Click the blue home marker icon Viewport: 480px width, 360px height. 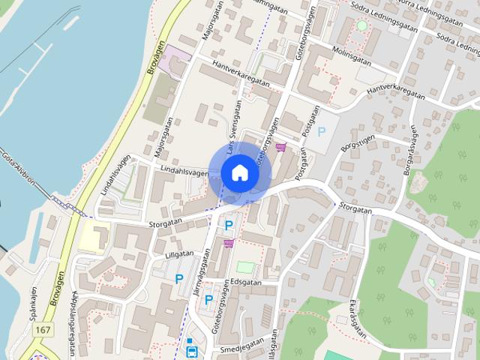pos(239,172)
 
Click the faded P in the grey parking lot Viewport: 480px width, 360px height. pos(322,133)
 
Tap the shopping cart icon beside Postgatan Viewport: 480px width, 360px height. pos(281,147)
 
